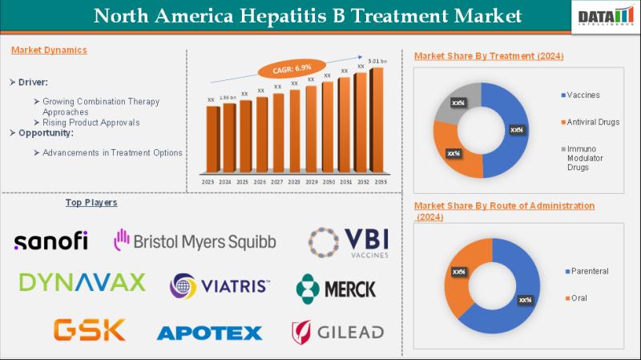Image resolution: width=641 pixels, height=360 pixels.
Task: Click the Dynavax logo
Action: coord(82,282)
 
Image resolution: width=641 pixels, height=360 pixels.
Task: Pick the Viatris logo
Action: coord(220,285)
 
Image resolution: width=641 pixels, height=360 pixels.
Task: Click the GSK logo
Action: coord(90,329)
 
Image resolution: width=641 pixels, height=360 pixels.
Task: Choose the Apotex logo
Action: coord(209,331)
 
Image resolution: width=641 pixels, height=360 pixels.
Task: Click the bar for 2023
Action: coord(212,140)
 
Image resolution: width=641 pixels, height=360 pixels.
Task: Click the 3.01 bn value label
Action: coord(377,61)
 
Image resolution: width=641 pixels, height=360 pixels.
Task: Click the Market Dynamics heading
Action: coord(49,50)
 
